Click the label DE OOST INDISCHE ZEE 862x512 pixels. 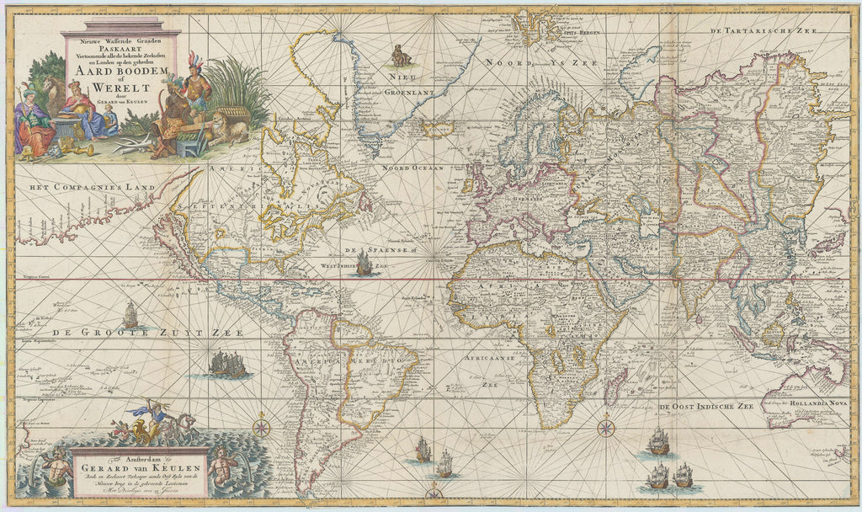[705, 407]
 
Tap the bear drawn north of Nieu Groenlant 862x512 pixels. [402, 56]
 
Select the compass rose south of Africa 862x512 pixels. [605, 428]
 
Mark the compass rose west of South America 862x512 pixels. [262, 426]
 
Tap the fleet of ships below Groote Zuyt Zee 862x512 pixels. [228, 364]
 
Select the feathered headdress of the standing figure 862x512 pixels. [194, 61]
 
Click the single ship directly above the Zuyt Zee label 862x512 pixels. [130, 315]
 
